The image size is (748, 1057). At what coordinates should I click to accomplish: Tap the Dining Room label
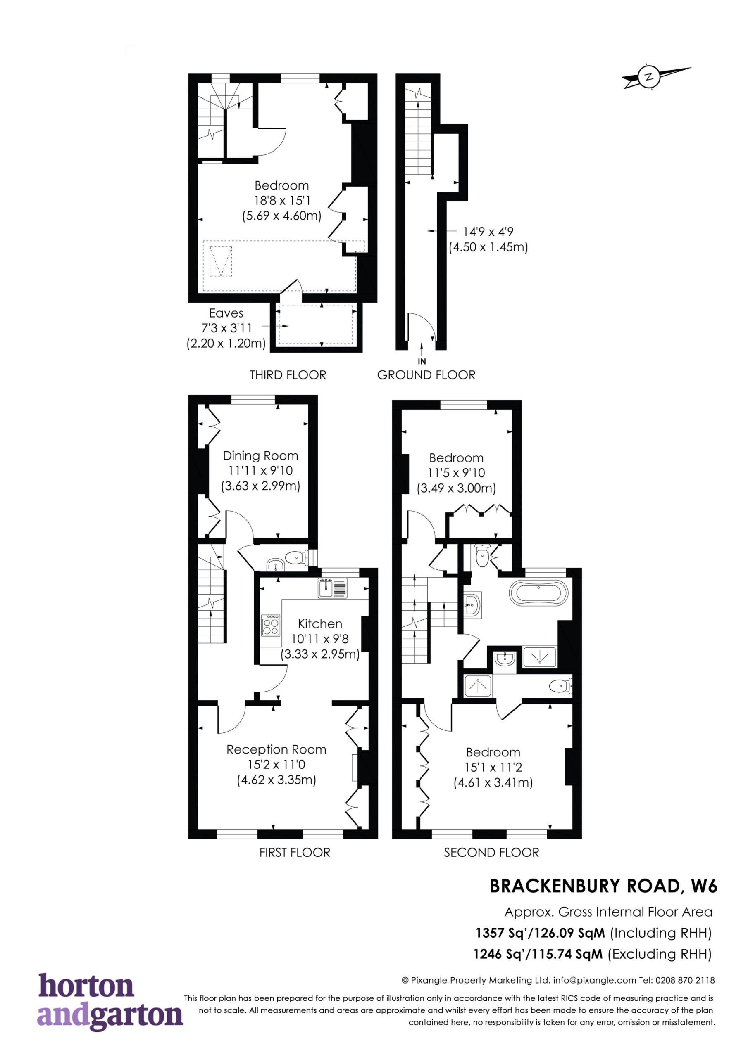[x=260, y=456]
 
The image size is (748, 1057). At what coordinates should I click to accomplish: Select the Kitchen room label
[x=320, y=624]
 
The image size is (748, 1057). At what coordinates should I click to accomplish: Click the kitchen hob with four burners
[x=271, y=625]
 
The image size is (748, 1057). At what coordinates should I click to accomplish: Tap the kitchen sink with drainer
[x=332, y=588]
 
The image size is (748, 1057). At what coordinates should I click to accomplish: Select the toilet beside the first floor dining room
[x=296, y=558]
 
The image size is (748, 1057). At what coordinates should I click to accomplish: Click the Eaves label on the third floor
[x=226, y=313]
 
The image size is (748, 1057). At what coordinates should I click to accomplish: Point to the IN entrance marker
[x=421, y=362]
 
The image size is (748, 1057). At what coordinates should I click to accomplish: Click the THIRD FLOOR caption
[x=288, y=375]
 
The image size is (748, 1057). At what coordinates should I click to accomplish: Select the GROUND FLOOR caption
[x=426, y=375]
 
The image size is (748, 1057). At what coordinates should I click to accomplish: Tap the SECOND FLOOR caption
[x=491, y=853]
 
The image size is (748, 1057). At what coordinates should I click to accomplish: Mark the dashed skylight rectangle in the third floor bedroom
[x=221, y=261]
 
